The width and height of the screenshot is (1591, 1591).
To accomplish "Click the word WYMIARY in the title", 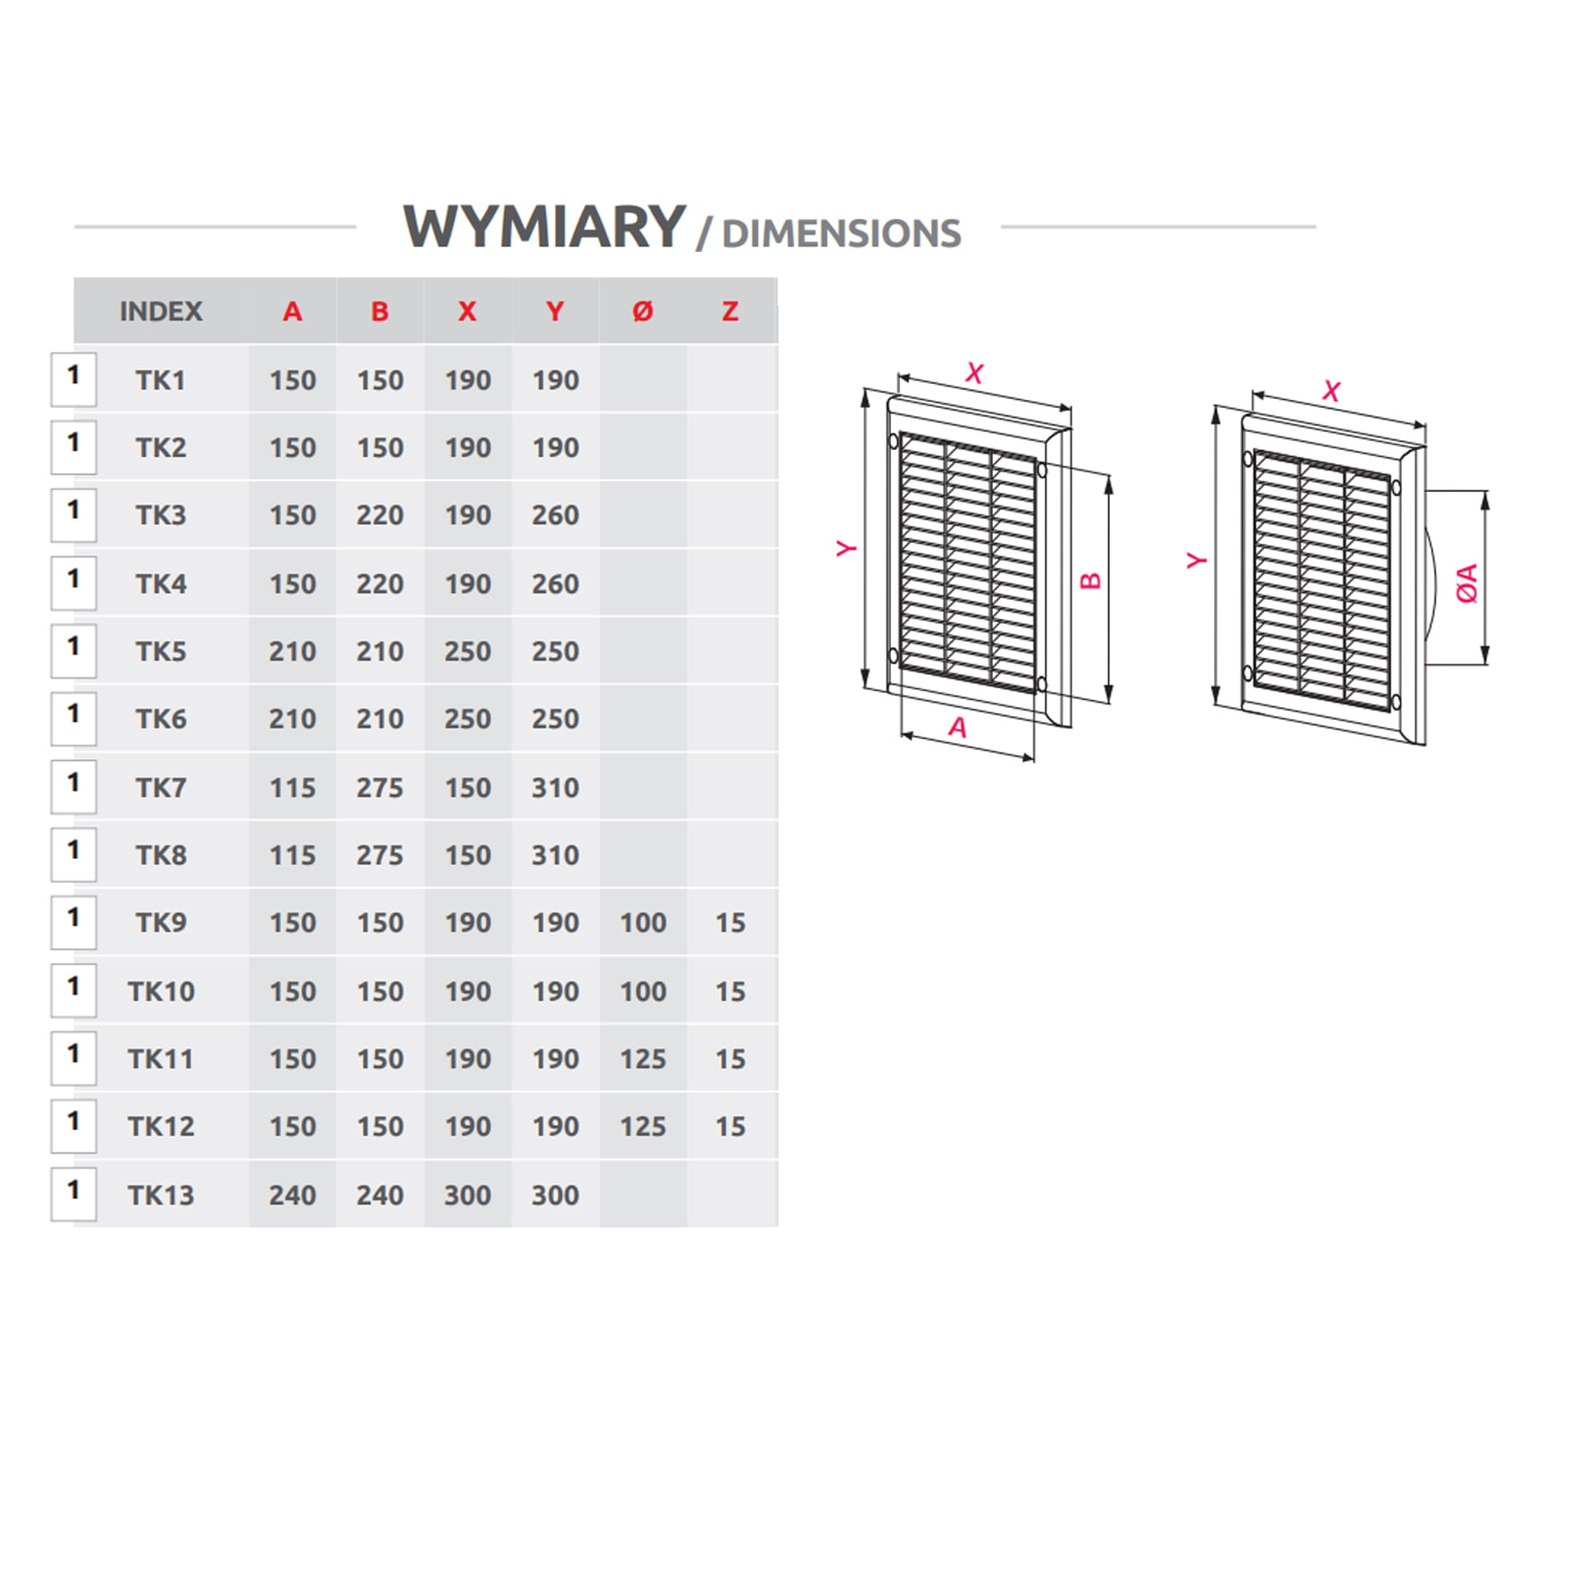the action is tap(544, 227).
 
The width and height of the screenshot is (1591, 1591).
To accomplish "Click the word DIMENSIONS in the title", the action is tap(841, 234).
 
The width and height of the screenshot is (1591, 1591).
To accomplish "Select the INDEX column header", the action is tap(161, 312).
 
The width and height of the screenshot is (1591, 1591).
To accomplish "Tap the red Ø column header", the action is tap(643, 312).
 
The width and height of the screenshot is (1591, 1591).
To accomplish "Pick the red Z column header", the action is tap(730, 312).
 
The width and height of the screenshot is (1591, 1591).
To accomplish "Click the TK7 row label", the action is tap(161, 787).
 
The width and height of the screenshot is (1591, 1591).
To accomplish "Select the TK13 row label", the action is tap(161, 1195).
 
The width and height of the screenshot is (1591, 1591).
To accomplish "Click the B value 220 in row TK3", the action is tap(380, 515).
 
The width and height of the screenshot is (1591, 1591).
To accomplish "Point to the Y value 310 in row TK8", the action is tap(555, 855).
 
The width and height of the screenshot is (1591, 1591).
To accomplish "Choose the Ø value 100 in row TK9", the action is tap(643, 922).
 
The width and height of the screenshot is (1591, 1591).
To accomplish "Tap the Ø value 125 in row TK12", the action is tap(643, 1127).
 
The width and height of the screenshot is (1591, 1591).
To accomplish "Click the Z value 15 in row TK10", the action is tap(730, 991).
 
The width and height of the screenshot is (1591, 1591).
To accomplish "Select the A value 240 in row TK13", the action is tap(293, 1195).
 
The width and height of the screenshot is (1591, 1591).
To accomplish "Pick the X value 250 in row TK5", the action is tap(468, 652).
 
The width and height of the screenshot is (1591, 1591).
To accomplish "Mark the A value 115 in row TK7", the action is tap(293, 787).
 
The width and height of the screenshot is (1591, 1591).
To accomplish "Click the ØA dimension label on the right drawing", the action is tap(1467, 583).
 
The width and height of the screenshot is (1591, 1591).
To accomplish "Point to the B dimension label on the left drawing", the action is tap(1090, 580).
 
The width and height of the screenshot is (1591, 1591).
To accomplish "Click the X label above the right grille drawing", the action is tap(1331, 391).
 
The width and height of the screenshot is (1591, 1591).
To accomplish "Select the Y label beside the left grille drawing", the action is tap(845, 548).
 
